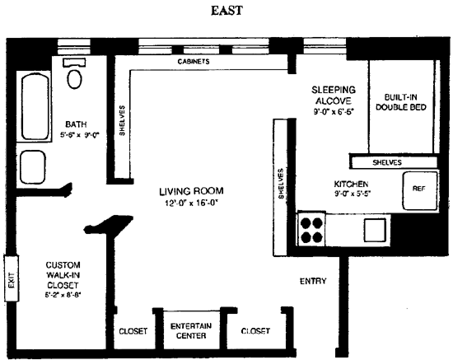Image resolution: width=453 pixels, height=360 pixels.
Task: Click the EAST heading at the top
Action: pyautogui.click(x=226, y=11)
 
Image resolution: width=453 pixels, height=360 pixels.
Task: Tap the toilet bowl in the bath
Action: pyautogui.click(x=74, y=79)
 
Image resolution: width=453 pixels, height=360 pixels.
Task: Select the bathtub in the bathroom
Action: pyautogui.click(x=35, y=106)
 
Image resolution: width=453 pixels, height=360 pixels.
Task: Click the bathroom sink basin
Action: pyautogui.click(x=33, y=166)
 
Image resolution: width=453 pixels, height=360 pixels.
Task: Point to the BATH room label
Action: pyautogui.click(x=76, y=124)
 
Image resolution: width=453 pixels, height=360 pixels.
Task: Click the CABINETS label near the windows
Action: pyautogui.click(x=194, y=62)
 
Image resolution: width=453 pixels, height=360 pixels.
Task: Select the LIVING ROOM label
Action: pyautogui.click(x=191, y=191)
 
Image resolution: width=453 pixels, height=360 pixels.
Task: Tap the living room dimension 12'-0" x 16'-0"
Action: pyautogui.click(x=191, y=203)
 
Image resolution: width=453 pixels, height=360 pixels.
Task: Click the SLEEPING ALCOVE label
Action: pyautogui.click(x=334, y=96)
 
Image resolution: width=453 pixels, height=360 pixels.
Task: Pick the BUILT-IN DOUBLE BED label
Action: pyautogui.click(x=401, y=102)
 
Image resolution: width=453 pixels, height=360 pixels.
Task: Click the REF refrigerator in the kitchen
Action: pyautogui.click(x=420, y=190)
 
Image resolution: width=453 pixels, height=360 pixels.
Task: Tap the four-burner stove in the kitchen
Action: pyautogui.click(x=311, y=230)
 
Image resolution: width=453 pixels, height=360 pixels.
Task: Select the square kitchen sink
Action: pyautogui.click(x=375, y=230)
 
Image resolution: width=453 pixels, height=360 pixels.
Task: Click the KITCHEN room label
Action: pyautogui.click(x=351, y=184)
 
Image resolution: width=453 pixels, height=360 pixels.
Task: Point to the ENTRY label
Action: pyautogui.click(x=313, y=281)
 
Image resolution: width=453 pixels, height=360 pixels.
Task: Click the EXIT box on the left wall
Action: pyautogui.click(x=12, y=278)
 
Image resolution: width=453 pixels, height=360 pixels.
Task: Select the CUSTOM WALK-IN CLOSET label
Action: pyautogui.click(x=63, y=275)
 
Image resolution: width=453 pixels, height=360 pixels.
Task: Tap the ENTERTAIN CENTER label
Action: pyautogui.click(x=191, y=331)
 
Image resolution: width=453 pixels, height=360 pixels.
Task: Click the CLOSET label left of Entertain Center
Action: pyautogui.click(x=133, y=331)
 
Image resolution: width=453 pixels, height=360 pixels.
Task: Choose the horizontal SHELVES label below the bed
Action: pyautogui.click(x=387, y=162)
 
